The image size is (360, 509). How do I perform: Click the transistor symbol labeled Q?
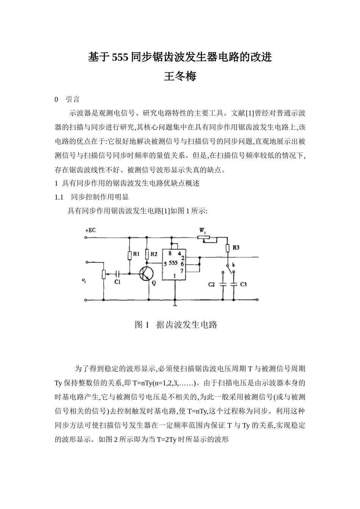click(x=146, y=274)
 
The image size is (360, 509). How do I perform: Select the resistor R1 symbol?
click(x=129, y=255)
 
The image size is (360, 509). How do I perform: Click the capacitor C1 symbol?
click(x=118, y=273)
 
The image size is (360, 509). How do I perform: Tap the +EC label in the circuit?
click(x=90, y=230)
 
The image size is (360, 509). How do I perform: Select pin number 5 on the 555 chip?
click(x=166, y=264)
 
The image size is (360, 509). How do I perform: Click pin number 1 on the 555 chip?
click(x=174, y=276)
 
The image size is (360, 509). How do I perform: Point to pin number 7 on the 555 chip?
click(x=182, y=271)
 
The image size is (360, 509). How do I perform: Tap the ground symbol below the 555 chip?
click(x=174, y=303)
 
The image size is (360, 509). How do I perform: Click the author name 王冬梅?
click(x=180, y=77)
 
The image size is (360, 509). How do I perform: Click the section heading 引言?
click(x=72, y=100)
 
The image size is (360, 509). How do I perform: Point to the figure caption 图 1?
click(x=142, y=325)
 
